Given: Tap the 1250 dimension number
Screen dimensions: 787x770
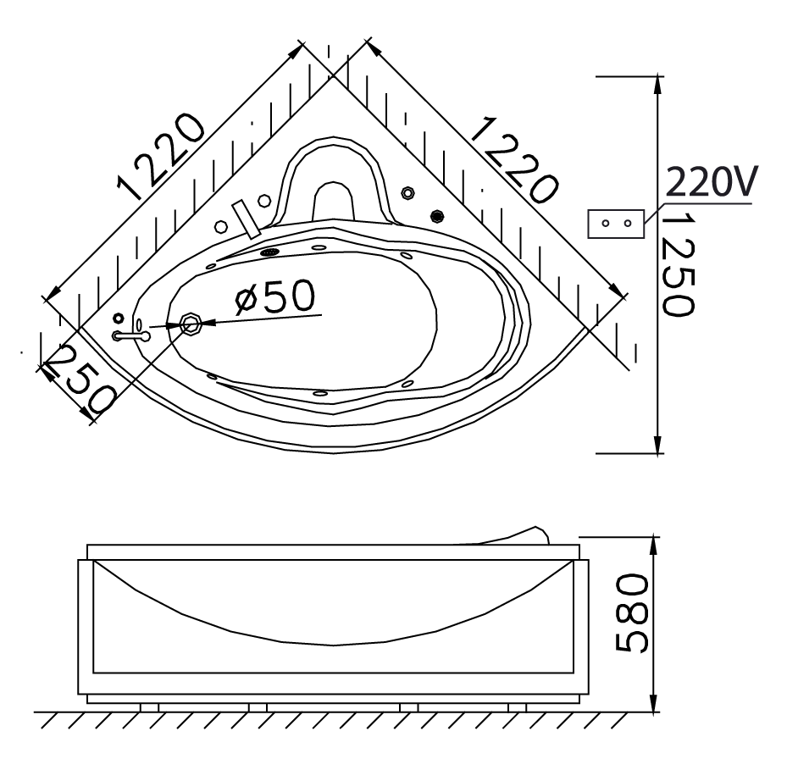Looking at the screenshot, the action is (678, 264).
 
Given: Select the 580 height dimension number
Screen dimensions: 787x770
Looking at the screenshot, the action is (631, 614).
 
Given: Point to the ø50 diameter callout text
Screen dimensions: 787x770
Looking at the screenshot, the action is (275, 296).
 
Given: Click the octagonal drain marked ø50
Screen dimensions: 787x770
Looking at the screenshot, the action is (191, 324).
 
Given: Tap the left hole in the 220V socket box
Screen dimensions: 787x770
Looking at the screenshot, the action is (606, 224).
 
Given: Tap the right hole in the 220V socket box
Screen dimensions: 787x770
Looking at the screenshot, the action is (628, 224).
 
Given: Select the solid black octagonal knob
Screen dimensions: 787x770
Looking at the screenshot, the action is (438, 216).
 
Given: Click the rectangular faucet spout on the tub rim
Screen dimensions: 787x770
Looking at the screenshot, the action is (247, 219).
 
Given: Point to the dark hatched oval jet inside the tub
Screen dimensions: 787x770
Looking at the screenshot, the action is (270, 252).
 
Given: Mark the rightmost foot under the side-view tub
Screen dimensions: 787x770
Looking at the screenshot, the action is (517, 708).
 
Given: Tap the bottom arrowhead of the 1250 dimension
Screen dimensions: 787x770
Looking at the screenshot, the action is (657, 444).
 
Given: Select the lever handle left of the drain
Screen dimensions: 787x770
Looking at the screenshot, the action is (131, 336).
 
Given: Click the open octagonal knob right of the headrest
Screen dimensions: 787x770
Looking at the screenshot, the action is (407, 192).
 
